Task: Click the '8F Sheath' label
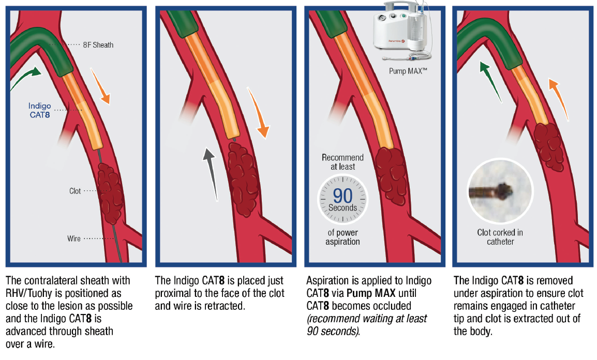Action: point(98,45)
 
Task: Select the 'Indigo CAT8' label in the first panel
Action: point(39,111)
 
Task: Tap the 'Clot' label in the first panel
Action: point(75,191)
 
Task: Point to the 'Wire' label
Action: point(74,239)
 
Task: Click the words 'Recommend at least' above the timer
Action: point(342,162)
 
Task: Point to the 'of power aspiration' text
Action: point(342,237)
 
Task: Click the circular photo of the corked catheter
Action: point(499,190)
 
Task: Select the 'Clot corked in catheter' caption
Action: point(500,237)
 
